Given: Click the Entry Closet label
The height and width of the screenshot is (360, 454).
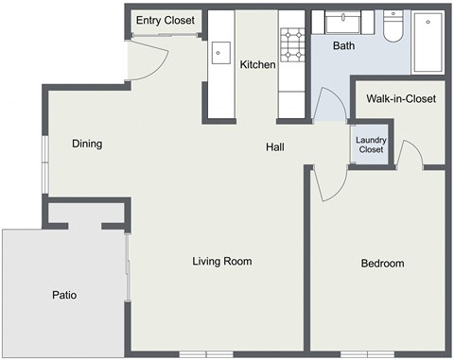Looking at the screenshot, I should pos(165,20).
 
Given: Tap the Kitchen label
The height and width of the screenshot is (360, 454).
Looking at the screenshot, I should pos(257,65).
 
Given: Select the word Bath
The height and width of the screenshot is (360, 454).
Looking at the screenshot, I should pos(344,45).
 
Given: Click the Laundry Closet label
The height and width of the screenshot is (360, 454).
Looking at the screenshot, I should pos(370,145).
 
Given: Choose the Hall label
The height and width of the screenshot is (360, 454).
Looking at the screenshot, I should pos(275,146).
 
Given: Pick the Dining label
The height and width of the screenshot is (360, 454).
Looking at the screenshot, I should pos(86,144).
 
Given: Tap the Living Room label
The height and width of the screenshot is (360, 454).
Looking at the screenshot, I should pos(221,261).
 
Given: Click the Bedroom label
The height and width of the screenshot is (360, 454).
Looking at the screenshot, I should pos(382,264).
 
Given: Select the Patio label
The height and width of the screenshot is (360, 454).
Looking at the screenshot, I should pos(64,296).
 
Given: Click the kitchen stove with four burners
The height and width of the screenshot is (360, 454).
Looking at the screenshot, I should pos(290,43).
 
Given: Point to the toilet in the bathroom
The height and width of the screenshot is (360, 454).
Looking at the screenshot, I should pos(393,26).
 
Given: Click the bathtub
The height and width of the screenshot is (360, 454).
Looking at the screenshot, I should pos(431,43).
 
